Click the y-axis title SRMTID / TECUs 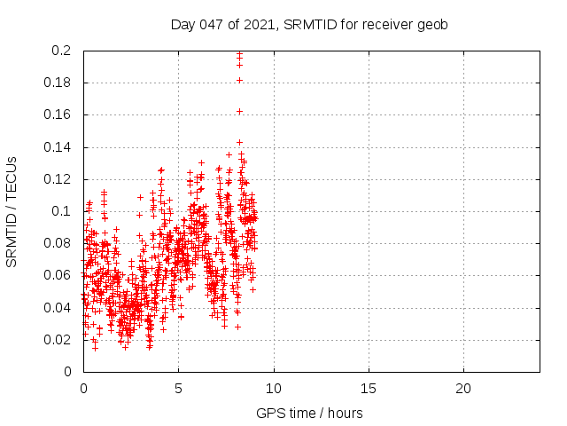click(x=12, y=211)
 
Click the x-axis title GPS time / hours click(x=309, y=413)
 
